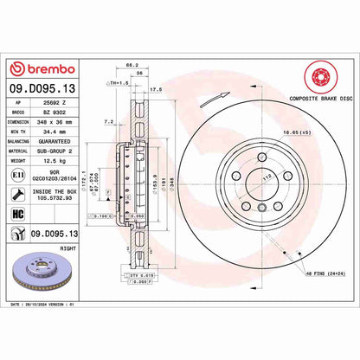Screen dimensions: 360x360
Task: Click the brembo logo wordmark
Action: pos(42,68)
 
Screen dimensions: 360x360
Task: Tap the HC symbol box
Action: pos(16,212)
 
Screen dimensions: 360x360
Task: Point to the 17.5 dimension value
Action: pos(157,88)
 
